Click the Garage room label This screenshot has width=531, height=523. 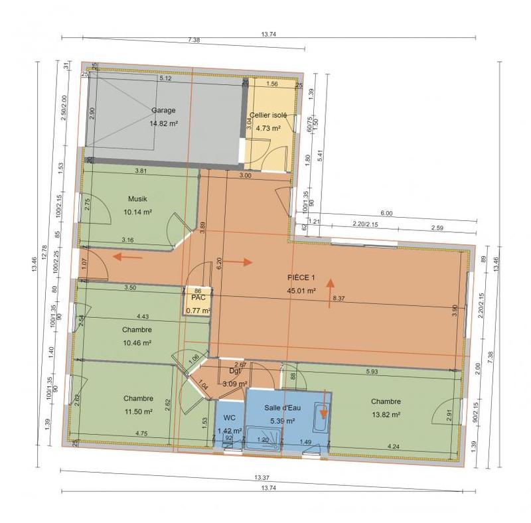click(163, 110)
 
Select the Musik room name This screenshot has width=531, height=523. click(138, 198)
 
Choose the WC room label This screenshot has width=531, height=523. click(229, 417)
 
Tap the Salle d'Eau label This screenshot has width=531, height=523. click(282, 408)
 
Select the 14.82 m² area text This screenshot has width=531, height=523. click(163, 123)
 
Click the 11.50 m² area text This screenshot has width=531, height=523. click(138, 411)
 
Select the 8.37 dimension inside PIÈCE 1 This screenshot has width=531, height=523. click(339, 299)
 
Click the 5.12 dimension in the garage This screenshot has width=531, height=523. click(165, 78)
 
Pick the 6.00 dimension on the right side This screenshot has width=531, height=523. click(387, 214)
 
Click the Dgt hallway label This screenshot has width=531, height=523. click(234, 372)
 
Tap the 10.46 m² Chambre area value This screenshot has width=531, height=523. click(138, 342)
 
